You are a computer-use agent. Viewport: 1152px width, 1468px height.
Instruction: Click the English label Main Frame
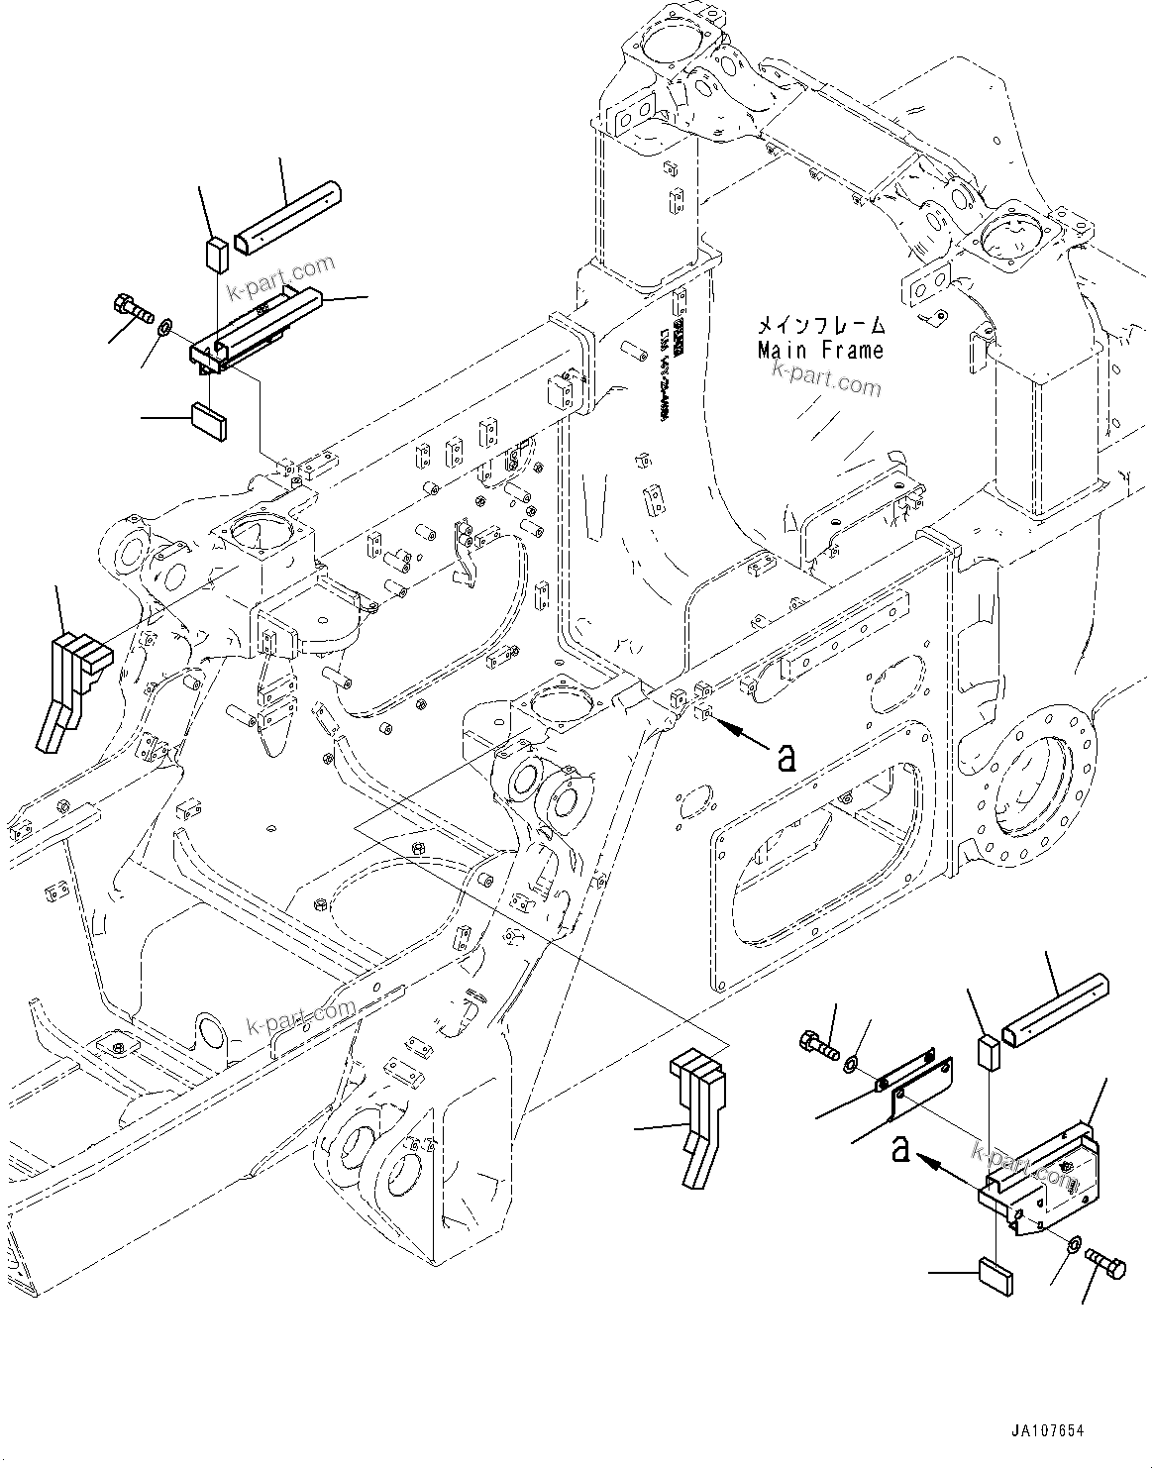(x=820, y=350)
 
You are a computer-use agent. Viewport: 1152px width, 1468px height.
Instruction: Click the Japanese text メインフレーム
(x=820, y=325)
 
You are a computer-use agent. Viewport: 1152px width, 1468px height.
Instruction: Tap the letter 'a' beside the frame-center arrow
(x=785, y=757)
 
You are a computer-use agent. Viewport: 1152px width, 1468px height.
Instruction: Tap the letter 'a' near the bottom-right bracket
(x=900, y=1149)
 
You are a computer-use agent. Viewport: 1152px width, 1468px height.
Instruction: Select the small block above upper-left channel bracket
(x=217, y=254)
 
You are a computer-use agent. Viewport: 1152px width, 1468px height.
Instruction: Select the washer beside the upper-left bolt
(x=165, y=325)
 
